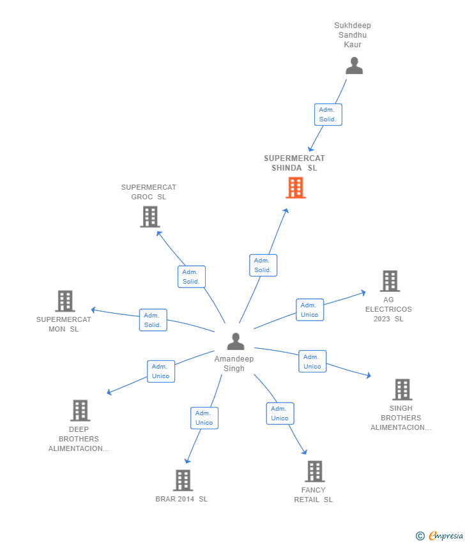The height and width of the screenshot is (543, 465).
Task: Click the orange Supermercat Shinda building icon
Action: tap(295, 188)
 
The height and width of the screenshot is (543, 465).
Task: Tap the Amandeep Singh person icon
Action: tap(236, 342)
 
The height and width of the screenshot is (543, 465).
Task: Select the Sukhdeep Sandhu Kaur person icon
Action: tap(354, 66)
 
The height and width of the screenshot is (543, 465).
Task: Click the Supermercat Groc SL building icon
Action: tap(150, 217)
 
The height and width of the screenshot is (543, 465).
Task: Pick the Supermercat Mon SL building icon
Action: tap(65, 301)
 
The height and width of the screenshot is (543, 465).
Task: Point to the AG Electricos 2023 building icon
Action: tap(390, 281)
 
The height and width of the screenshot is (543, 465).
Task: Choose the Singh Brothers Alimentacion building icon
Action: tap(402, 389)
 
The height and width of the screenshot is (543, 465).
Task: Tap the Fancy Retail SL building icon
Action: tap(315, 471)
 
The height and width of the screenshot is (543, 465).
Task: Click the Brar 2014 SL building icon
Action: tap(183, 480)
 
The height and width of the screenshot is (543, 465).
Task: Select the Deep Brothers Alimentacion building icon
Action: tap(80, 410)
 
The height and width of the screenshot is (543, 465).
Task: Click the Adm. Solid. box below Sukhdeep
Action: tap(328, 114)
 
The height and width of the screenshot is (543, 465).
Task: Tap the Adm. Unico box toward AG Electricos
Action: tap(310, 310)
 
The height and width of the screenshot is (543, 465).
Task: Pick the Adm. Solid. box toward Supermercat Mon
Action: tap(153, 320)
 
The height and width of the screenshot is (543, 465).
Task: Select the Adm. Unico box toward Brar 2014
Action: tap(204, 418)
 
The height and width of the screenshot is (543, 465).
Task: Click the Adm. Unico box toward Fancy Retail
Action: tap(280, 413)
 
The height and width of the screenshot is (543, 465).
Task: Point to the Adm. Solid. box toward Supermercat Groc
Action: tap(192, 277)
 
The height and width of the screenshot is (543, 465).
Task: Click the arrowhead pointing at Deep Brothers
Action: tap(109, 392)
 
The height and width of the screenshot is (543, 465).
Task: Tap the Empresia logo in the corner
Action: tap(439, 536)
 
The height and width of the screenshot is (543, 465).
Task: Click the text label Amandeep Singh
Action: tap(234, 363)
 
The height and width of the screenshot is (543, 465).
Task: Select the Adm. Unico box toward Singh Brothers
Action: tap(312, 361)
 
